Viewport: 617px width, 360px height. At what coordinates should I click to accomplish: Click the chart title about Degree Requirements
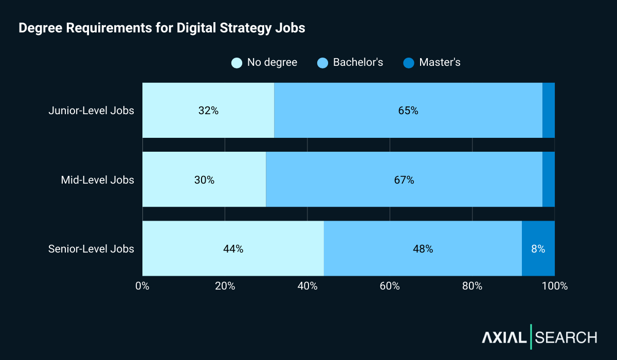point(162,28)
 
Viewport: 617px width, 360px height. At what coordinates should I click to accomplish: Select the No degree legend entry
point(265,63)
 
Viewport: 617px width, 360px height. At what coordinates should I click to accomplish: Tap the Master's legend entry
point(432,63)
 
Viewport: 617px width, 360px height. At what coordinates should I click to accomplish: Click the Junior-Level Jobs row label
point(91,111)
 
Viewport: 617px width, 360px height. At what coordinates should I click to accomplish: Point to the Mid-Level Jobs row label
point(97,180)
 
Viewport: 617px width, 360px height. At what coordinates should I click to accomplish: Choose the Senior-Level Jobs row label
point(91,249)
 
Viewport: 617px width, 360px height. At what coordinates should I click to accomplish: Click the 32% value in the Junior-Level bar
point(208,111)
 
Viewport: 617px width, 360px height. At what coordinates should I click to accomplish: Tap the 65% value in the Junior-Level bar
point(408,111)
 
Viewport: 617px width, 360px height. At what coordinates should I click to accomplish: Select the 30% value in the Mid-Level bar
point(204,180)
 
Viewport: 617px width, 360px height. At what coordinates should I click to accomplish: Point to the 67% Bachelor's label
point(404,180)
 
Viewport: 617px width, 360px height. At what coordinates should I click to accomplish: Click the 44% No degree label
point(233,249)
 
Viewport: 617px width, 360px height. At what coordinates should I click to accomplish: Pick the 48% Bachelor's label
point(423,249)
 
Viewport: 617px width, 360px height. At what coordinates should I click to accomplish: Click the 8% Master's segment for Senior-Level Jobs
point(538,249)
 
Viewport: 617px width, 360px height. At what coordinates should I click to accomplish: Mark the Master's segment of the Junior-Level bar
point(549,111)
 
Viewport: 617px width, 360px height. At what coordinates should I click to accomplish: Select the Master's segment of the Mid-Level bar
point(549,180)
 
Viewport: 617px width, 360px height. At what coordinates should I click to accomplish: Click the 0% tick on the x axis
point(142,286)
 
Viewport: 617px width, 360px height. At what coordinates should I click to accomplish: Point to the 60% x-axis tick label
point(390,286)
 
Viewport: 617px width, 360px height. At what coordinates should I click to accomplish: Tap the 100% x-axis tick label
point(554,286)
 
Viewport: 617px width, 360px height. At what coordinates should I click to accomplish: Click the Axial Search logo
point(539,337)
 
